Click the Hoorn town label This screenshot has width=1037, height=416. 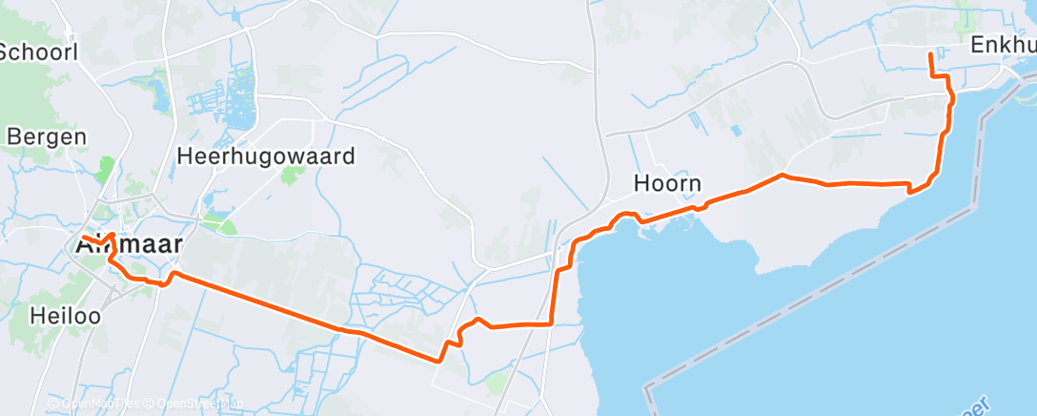(x=667, y=183)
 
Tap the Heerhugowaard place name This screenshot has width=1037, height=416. (x=266, y=156)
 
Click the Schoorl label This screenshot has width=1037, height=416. (x=38, y=52)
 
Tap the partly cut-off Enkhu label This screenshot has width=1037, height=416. (x=1003, y=46)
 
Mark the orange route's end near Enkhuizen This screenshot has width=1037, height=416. (x=929, y=55)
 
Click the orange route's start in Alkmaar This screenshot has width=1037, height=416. (x=84, y=237)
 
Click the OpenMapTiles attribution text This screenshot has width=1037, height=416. (x=100, y=404)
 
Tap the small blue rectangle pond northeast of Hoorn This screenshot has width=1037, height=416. (x=735, y=130)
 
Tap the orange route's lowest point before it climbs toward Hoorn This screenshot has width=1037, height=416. (x=438, y=361)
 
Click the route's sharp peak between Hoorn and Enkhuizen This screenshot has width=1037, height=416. (x=782, y=175)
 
